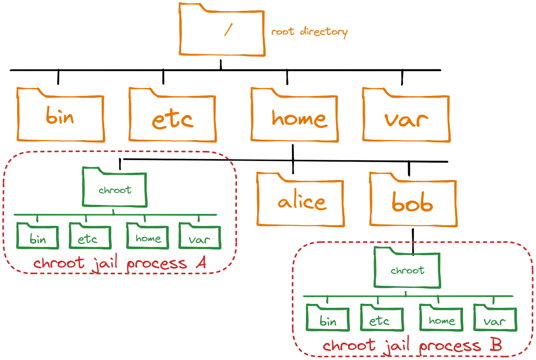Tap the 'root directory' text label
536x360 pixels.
tap(309, 32)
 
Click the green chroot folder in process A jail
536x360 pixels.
tap(115, 190)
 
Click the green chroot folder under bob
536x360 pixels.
tap(407, 270)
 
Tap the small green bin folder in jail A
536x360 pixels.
tap(38, 238)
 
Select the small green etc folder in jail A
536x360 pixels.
tap(90, 238)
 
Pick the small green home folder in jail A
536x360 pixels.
tap(147, 238)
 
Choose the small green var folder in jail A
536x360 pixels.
tap(200, 238)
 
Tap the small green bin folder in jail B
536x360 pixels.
tap(328, 320)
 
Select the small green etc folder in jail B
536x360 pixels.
tap(382, 320)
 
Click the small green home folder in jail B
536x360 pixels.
tap(441, 320)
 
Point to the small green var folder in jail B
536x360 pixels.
tap(495, 320)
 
